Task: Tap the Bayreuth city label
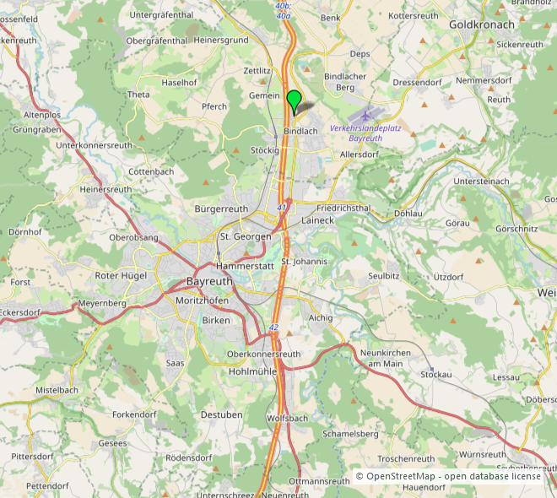pyautogui.click(x=208, y=281)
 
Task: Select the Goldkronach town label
pyautogui.click(x=481, y=24)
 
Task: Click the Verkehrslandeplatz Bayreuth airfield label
pyautogui.click(x=365, y=133)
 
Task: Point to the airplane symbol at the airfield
pyautogui.click(x=365, y=115)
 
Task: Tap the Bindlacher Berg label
pyautogui.click(x=345, y=82)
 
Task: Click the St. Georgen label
pyautogui.click(x=245, y=236)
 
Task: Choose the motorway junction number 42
pyautogui.click(x=273, y=327)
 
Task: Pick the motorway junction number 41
pyautogui.click(x=281, y=207)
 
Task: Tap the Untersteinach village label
pyautogui.click(x=482, y=181)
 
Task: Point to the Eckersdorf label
pyautogui.click(x=19, y=312)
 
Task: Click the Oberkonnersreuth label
pyautogui.click(x=264, y=354)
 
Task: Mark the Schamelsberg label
pyautogui.click(x=350, y=434)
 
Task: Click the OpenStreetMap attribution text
pyautogui.click(x=447, y=476)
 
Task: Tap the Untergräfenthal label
pyautogui.click(x=163, y=14)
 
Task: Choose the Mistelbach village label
pyautogui.click(x=57, y=390)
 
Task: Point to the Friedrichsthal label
pyautogui.click(x=343, y=207)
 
